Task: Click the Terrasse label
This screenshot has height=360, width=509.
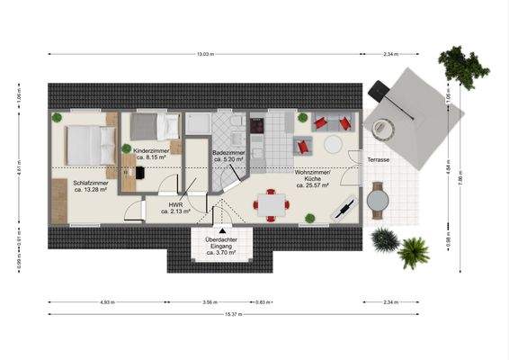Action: click(379, 159)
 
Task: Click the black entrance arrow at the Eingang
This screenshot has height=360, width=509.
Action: click(221, 231)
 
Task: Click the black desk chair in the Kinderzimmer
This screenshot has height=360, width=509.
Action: click(140, 171)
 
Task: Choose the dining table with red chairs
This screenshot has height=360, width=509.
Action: click(270, 205)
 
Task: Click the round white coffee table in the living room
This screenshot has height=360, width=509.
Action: click(333, 144)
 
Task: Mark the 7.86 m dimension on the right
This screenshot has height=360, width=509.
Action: click(460, 178)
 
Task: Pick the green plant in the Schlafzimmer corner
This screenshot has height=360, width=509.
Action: click(57, 117)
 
